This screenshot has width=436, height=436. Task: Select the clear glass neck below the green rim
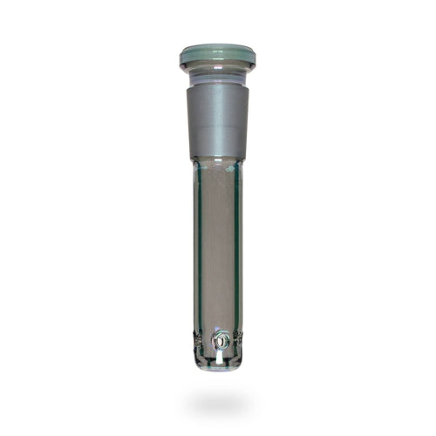tap(217, 77)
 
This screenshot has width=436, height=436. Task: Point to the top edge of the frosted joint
tap(217, 86)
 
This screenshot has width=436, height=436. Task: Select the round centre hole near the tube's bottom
tap(221, 341)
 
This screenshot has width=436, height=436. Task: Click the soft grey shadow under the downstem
tap(217, 402)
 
